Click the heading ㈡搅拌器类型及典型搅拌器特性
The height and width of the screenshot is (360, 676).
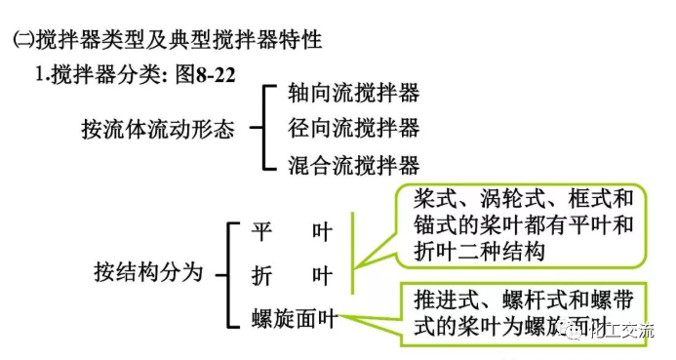click(x=166, y=40)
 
